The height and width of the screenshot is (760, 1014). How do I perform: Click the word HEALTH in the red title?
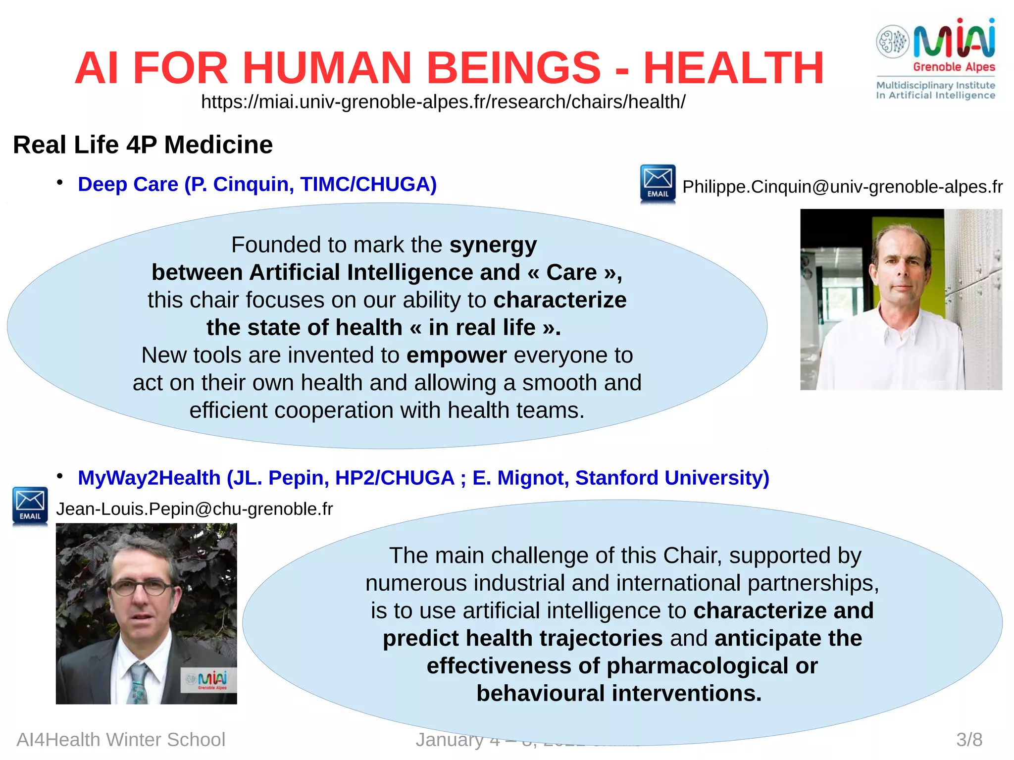tap(733, 68)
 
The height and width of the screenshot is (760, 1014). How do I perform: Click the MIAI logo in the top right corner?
tap(936, 57)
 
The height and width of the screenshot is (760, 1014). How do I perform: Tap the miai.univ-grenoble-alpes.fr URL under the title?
tap(443, 102)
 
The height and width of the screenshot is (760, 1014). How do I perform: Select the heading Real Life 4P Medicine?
tap(143, 145)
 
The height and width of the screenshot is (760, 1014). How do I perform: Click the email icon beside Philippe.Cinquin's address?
tap(658, 183)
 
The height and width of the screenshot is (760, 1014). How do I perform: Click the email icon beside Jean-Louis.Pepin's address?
tap(30, 506)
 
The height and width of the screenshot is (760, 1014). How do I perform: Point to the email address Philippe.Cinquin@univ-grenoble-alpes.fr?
tap(842, 187)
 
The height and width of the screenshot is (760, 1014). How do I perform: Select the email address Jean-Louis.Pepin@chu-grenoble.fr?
tap(194, 509)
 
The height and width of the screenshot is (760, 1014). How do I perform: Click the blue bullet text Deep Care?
tap(128, 184)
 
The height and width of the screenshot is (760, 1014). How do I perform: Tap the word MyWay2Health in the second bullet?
tap(149, 478)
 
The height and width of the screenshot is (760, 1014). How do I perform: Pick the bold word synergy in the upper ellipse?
tap(493, 245)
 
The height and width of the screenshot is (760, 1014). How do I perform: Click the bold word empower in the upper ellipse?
tap(456, 355)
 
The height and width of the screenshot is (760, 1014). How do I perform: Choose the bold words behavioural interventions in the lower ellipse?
tap(619, 693)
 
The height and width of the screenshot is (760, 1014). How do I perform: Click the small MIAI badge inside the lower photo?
tap(208, 679)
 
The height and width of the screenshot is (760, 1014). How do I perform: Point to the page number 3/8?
tap(969, 740)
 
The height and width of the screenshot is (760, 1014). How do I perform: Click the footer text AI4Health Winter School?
tap(121, 740)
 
